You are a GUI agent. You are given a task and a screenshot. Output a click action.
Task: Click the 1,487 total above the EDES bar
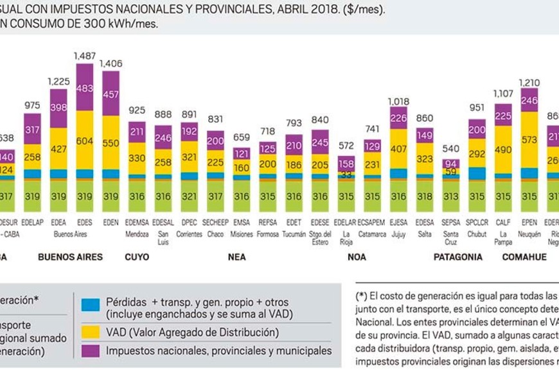(85, 56)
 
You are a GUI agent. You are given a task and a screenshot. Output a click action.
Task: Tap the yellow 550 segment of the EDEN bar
(111, 142)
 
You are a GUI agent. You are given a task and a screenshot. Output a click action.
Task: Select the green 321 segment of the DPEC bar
(190, 196)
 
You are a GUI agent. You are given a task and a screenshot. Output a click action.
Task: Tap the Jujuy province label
(398, 234)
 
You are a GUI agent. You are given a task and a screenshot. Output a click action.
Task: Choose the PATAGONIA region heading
(458, 257)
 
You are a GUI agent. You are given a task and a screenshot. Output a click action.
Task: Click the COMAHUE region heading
(524, 257)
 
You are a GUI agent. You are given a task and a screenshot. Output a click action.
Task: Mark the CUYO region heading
(136, 257)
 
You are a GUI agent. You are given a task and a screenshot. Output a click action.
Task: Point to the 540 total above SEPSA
(451, 151)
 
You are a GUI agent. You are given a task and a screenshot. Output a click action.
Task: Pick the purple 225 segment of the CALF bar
(503, 115)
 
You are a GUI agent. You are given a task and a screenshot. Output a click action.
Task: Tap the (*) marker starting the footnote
(361, 297)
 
